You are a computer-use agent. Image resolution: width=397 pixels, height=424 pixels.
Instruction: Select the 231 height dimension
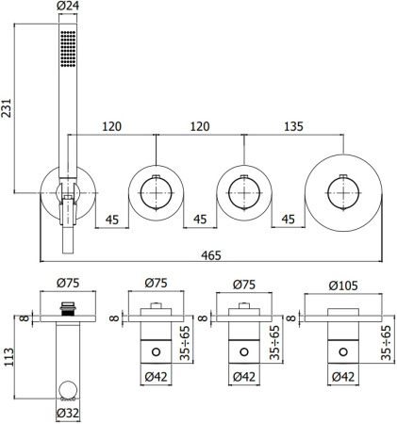coord(9,108)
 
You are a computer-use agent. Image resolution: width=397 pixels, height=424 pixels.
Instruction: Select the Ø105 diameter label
coord(341,282)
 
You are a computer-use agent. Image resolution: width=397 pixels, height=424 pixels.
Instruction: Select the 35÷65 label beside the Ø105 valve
coord(386,340)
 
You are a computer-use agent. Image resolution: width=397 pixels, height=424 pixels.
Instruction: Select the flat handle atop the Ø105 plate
coord(341,309)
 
